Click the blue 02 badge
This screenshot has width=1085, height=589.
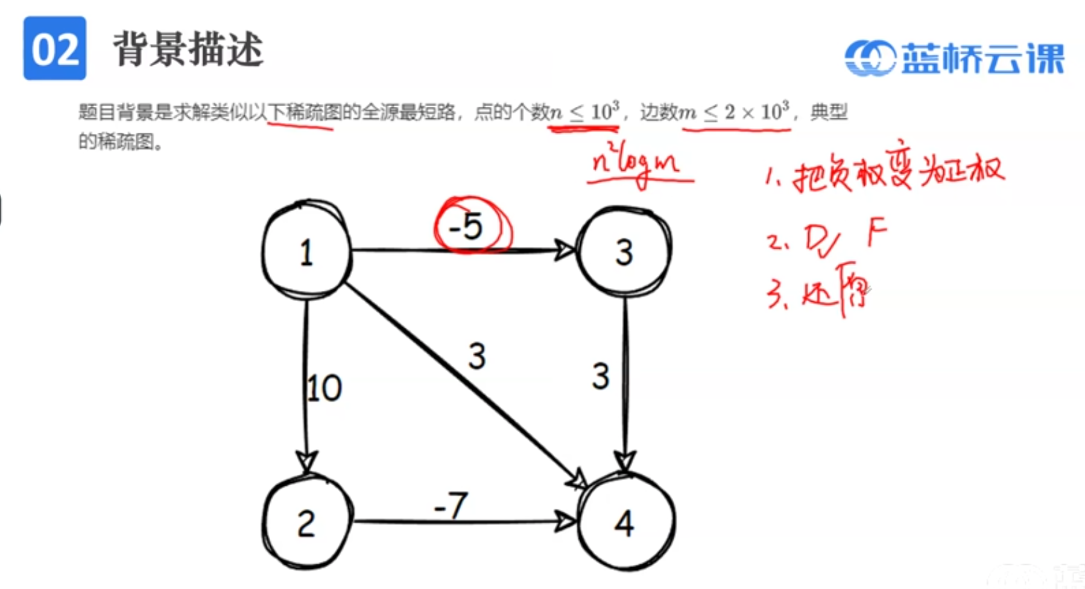[x=55, y=48]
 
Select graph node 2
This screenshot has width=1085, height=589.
[x=306, y=523]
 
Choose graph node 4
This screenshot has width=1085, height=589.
[x=625, y=523]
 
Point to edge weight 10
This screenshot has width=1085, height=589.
[x=324, y=388]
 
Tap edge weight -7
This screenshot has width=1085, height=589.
[x=451, y=505]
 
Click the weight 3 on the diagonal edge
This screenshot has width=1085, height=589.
[x=477, y=356]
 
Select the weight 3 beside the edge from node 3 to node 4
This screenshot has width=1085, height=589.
[x=601, y=376]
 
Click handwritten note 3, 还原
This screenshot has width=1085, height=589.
[x=820, y=294]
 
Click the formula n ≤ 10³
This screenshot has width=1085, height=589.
[x=584, y=112]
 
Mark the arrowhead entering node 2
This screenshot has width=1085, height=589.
[x=306, y=462]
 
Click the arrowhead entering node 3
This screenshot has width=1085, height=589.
[x=565, y=249]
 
